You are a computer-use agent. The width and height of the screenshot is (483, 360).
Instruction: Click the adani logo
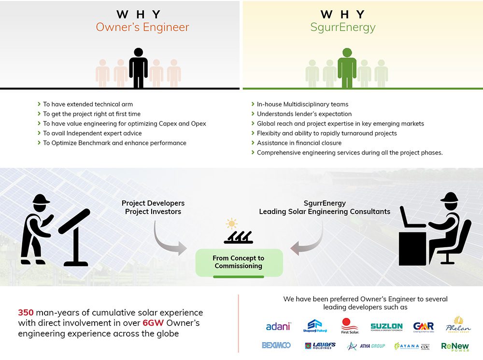tap(278, 327)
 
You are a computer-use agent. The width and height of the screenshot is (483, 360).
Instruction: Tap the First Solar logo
tap(349, 325)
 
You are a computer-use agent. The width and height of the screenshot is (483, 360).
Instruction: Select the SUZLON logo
tap(386, 327)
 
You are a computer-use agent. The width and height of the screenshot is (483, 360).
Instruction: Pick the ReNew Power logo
tap(455, 346)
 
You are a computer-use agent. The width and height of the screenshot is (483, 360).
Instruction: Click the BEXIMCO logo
tap(276, 346)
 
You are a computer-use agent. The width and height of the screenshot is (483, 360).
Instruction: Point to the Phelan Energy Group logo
tap(458, 325)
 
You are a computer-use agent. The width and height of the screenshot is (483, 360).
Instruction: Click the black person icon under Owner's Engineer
tap(138, 68)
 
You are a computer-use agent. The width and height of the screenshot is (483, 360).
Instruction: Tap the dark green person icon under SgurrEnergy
tap(347, 68)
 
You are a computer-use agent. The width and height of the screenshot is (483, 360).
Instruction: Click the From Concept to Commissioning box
tap(239, 262)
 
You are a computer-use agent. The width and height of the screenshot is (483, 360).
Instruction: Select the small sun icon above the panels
tap(232, 224)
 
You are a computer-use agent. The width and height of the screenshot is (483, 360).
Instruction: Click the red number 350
tap(26, 313)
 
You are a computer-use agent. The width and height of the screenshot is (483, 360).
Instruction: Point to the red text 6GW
tap(150, 323)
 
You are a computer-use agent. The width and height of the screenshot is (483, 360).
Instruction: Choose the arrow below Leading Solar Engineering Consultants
tap(308, 239)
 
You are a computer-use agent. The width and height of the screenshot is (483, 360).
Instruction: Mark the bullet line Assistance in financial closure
tap(299, 143)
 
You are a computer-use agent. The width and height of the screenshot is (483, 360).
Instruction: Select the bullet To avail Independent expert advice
tap(92, 133)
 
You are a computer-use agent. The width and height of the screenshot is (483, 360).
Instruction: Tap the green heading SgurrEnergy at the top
tap(342, 27)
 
